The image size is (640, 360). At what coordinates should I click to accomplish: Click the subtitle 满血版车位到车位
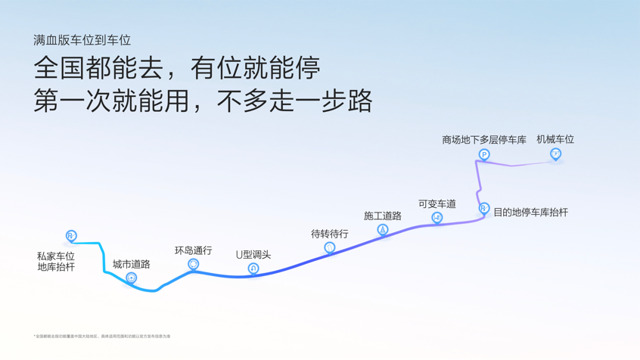click(x=82, y=40)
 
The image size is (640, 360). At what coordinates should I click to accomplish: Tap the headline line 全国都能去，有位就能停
click(x=177, y=68)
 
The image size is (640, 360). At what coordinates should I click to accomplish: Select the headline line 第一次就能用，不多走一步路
click(x=203, y=101)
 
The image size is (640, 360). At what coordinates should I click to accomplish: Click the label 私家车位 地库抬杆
click(x=56, y=262)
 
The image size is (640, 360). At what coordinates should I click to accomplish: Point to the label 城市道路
click(x=132, y=264)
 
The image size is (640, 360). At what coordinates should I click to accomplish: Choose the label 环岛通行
click(x=193, y=250)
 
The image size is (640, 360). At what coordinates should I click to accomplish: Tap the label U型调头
click(x=253, y=255)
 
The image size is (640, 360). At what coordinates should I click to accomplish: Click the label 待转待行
click(x=330, y=234)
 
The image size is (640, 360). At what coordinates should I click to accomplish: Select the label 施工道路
click(x=383, y=216)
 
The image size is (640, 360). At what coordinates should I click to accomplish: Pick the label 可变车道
click(x=437, y=203)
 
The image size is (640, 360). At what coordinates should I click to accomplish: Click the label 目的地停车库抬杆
click(x=530, y=213)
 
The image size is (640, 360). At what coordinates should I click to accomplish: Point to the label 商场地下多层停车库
click(x=484, y=140)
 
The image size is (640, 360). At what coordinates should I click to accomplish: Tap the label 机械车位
click(x=555, y=139)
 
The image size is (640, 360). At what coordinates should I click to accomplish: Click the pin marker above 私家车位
click(x=71, y=236)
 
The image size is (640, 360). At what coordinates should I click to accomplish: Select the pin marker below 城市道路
click(x=132, y=278)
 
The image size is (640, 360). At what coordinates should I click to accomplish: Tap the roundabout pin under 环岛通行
click(x=193, y=264)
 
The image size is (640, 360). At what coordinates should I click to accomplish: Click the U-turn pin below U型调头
click(x=253, y=268)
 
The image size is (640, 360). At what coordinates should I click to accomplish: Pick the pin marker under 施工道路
click(x=383, y=229)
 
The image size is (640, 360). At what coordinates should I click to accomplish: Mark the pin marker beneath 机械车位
click(x=555, y=154)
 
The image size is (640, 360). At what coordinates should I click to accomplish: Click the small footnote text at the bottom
click(x=102, y=336)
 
